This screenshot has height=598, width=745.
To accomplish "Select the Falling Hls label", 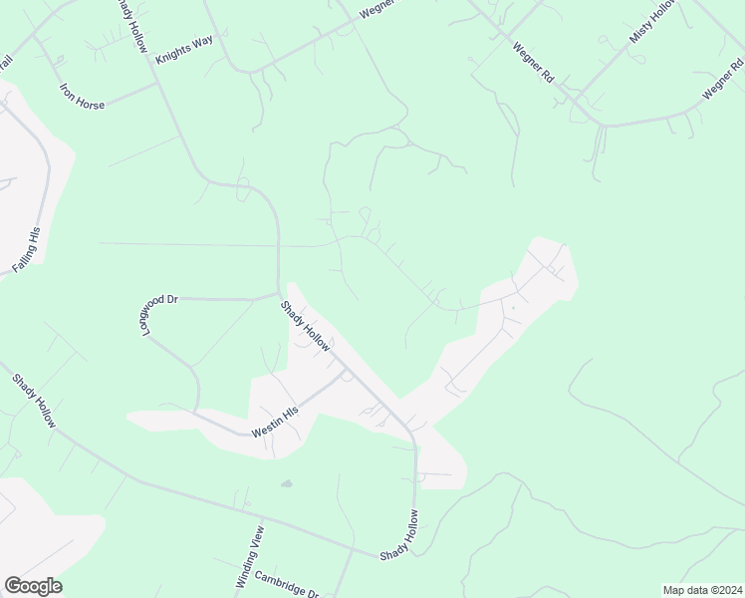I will coord(27,250).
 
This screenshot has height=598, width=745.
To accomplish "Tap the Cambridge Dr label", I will coord(285,581).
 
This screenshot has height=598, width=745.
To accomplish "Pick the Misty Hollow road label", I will coord(652,21).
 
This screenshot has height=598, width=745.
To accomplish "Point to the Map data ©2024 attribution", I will coord(702,590).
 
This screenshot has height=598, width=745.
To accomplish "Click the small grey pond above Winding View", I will coord(287,484).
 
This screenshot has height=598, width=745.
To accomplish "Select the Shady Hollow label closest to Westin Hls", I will coord(305,326).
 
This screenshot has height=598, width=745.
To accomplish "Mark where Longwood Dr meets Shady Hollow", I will coord(279,295).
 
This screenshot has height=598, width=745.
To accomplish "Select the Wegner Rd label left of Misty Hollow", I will coord(533,61).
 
